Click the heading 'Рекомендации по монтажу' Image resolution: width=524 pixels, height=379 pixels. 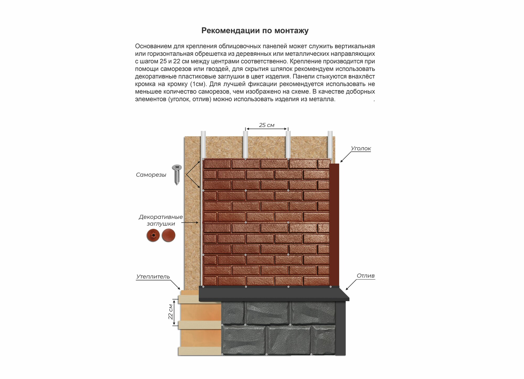pos(255,31)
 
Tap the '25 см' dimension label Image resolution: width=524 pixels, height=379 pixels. pos(267,125)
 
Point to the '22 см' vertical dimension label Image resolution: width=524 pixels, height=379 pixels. pos(171,312)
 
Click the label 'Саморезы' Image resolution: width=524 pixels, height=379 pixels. pos(151,175)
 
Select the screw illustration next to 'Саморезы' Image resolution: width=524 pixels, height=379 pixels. pos(177,175)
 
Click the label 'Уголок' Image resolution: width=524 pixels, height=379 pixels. pos(361,148)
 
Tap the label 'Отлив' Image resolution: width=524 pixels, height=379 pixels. pos(365,276)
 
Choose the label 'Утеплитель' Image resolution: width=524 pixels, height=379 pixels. pos(153,277)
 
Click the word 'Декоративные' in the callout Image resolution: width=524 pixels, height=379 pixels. pos(161,217)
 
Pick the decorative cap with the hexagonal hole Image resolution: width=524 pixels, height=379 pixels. pos(153,235)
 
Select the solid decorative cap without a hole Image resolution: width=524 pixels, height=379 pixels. pos(168,235)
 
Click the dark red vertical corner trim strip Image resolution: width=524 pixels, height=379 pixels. pos(334,225)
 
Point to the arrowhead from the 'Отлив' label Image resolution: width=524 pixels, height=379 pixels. pos(347,289)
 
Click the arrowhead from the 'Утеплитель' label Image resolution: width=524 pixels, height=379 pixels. pos(179,288)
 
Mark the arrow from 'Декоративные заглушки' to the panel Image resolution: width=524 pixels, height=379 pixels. pos(190,223)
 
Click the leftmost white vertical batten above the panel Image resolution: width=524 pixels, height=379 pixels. pos(203,145)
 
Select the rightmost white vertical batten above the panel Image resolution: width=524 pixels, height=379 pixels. pos(330,145)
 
